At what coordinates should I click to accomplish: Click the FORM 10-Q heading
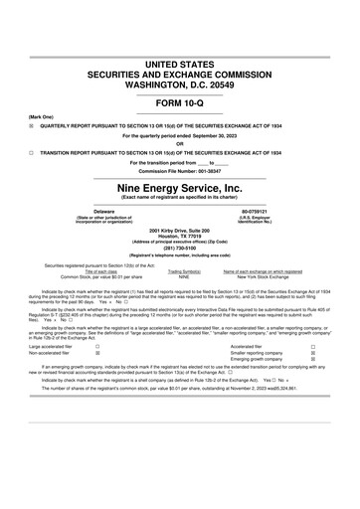click(180, 102)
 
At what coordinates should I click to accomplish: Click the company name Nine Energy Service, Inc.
click(180, 186)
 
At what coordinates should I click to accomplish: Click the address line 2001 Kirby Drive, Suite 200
click(180, 230)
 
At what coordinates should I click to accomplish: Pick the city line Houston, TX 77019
click(180, 236)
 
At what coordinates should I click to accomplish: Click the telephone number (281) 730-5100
click(180, 249)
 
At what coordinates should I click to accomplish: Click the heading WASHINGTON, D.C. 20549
click(180, 85)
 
